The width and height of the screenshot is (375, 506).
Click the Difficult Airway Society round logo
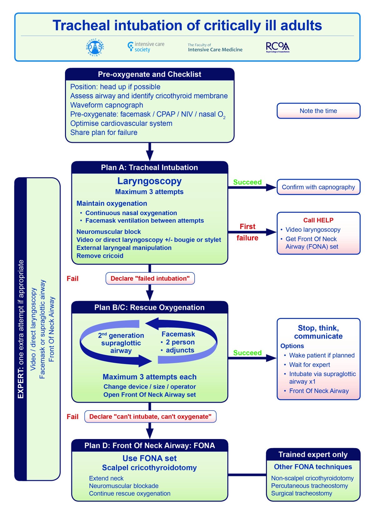(95, 48)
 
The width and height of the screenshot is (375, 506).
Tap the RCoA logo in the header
(277, 47)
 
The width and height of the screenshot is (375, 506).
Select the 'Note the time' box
(318, 111)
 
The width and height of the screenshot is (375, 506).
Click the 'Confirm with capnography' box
(318, 187)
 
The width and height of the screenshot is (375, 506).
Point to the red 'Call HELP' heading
(318, 220)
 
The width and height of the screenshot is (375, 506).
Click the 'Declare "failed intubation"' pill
(150, 279)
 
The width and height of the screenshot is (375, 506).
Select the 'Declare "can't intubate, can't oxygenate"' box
(150, 417)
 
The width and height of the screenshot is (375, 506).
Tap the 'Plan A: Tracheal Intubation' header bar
(149, 168)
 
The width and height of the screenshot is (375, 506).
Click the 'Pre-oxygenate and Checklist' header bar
(149, 74)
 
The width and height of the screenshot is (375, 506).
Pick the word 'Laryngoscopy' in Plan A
(149, 181)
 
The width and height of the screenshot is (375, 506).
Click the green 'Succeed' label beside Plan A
(247, 182)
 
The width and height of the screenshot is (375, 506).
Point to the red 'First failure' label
(247, 232)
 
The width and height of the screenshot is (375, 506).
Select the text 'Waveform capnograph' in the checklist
(107, 105)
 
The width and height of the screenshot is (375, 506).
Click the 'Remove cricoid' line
(100, 256)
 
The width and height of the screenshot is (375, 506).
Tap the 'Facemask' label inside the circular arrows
(178, 334)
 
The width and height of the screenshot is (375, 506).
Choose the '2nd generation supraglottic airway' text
(121, 343)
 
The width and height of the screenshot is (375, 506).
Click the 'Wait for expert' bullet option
(309, 365)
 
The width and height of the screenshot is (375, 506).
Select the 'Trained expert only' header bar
(313, 455)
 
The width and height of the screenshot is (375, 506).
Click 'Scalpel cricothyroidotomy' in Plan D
(149, 468)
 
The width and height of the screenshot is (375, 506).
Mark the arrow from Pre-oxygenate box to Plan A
(150, 152)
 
